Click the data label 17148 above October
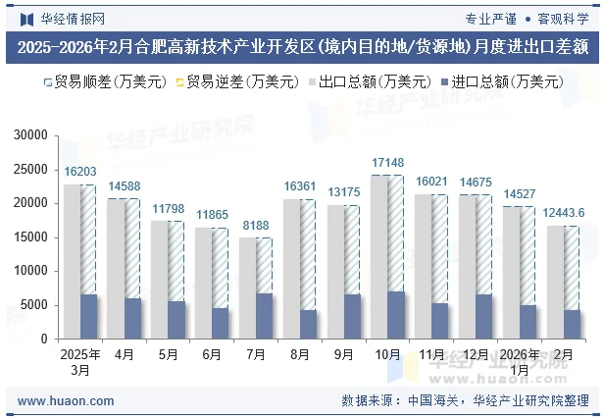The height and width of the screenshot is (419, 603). click(387, 162)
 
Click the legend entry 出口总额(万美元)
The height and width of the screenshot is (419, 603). click(377, 81)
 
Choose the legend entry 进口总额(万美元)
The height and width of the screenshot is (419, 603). click(501, 81)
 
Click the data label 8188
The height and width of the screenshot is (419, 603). click(256, 226)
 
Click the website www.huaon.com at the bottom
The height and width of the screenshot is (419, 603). click(67, 400)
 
